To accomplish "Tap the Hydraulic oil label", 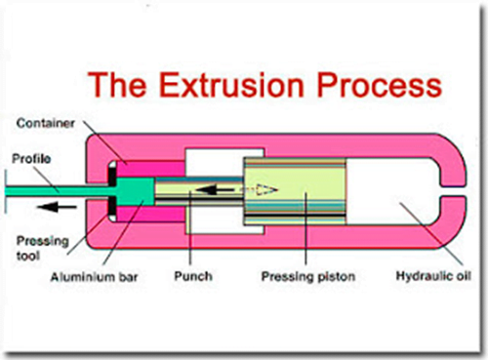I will tap(426, 279).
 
